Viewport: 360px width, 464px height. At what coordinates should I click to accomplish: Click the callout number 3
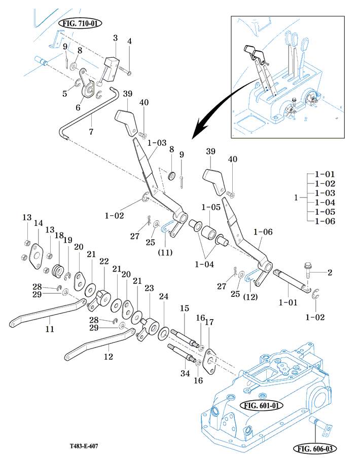coord(115,38)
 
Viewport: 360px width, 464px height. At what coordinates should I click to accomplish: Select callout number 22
coord(104,261)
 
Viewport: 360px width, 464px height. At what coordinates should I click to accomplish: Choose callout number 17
coord(209,322)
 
